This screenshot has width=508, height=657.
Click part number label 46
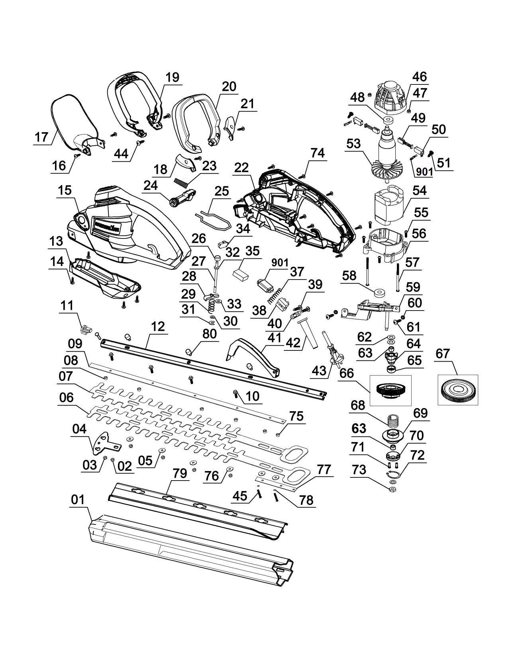(x=419, y=76)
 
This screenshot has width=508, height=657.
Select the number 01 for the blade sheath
(x=78, y=500)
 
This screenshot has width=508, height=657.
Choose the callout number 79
(x=180, y=473)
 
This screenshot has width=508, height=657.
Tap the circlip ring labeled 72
(x=393, y=474)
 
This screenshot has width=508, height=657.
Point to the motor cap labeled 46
(x=390, y=97)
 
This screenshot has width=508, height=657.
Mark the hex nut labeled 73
(x=392, y=488)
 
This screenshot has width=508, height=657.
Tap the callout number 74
(x=318, y=153)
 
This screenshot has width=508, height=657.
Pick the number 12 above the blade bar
(x=158, y=327)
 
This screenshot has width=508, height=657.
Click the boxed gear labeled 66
(x=390, y=389)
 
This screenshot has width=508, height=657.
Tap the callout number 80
(x=210, y=334)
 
